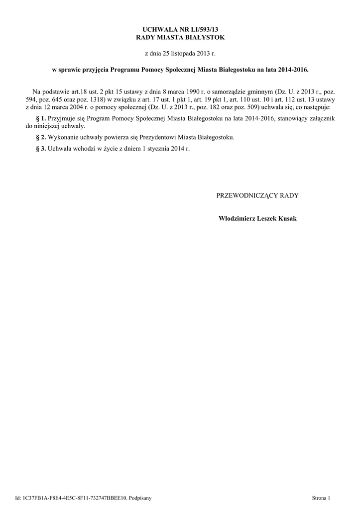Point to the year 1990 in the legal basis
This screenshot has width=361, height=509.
[196, 92]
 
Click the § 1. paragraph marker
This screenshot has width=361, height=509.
[41, 118]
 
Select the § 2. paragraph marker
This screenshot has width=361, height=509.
[41, 137]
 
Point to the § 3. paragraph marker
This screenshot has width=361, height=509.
[41, 149]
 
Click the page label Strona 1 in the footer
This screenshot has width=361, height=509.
[321, 498]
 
